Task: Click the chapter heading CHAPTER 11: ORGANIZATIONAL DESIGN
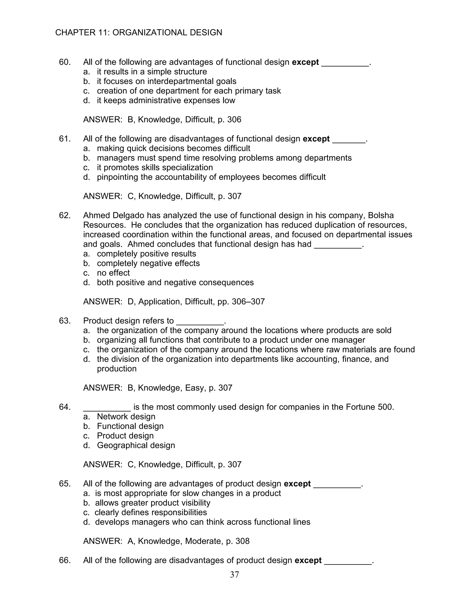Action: tap(139, 33)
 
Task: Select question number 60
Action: tap(65, 62)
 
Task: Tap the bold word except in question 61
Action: tap(316, 139)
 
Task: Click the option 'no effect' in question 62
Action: tap(113, 273)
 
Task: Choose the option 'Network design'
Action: tap(126, 416)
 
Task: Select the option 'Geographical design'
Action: tap(136, 445)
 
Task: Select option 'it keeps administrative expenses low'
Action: tap(166, 100)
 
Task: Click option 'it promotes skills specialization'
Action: tap(155, 167)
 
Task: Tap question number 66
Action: tap(65, 560)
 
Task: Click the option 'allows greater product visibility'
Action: tap(153, 503)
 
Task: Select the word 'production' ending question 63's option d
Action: tap(117, 369)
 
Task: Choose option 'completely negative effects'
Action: tap(148, 263)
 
